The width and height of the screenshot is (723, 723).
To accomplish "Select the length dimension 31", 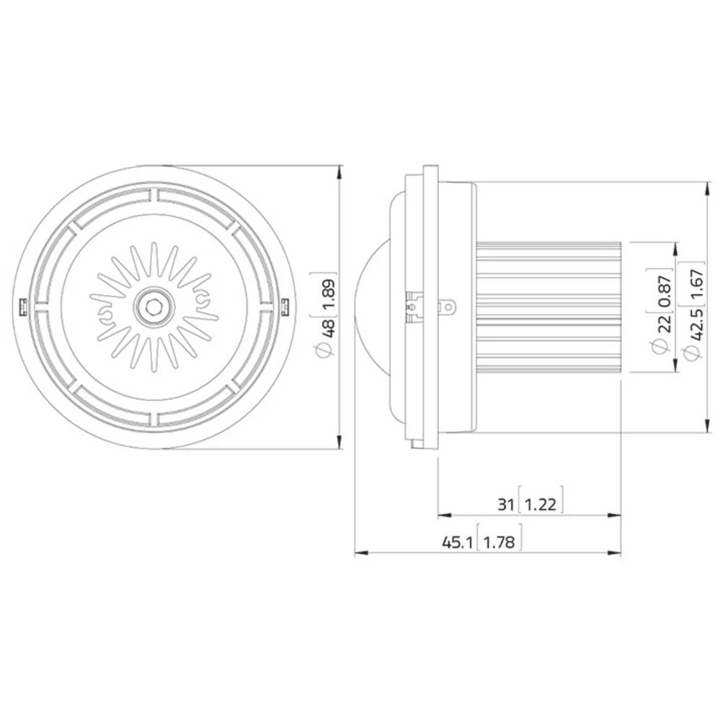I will tap(505, 504).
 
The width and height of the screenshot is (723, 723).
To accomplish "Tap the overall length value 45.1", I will tap(458, 542).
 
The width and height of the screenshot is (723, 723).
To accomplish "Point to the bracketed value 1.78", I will tap(500, 542).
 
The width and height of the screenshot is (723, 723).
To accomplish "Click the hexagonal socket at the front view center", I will tap(153, 307).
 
